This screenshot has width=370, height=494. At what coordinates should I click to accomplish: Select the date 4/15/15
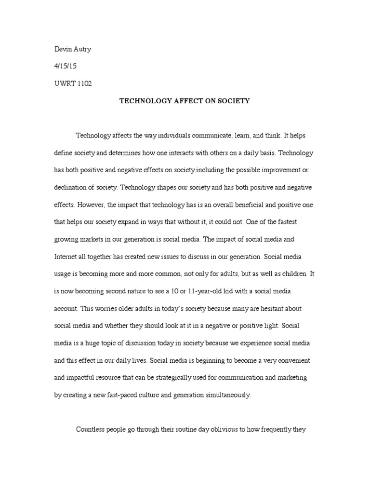(65, 66)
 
